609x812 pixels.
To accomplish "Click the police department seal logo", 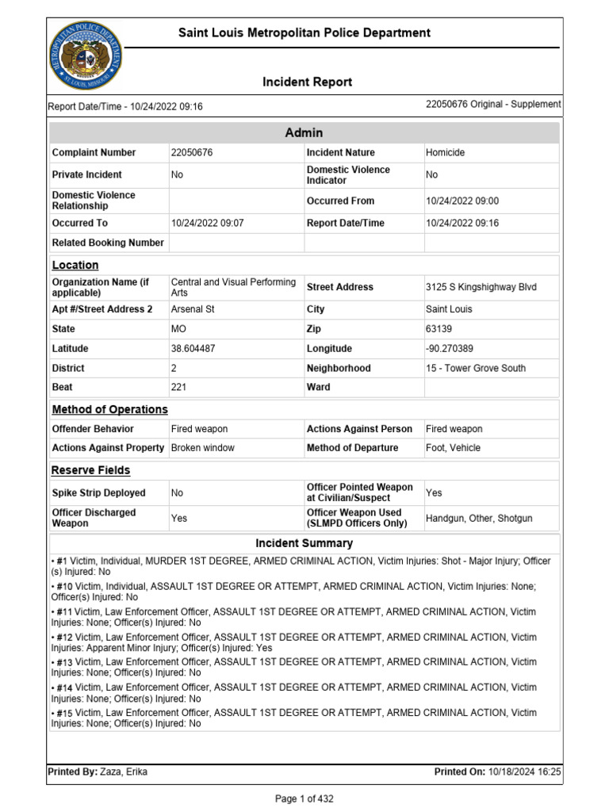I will (86, 56).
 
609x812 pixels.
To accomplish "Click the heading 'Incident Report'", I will (308, 82).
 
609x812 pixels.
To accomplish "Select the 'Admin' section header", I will (304, 133).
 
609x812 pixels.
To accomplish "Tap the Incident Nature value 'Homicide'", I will (445, 152).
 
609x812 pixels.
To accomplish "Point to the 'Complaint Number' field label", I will (94, 152).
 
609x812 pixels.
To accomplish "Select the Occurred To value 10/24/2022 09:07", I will (208, 224).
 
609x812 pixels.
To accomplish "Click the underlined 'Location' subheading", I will (75, 266).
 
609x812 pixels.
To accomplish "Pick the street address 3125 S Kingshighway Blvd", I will (481, 287).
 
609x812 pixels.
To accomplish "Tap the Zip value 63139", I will (439, 329).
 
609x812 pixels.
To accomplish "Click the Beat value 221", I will (179, 388).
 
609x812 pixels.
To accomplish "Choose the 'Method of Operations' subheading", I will (109, 410).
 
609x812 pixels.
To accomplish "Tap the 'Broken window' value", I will (203, 448).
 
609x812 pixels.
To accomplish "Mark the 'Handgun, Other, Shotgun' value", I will (479, 519).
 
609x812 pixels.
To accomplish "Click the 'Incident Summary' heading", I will (304, 544).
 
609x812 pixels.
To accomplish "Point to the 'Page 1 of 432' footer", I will (304, 799).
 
